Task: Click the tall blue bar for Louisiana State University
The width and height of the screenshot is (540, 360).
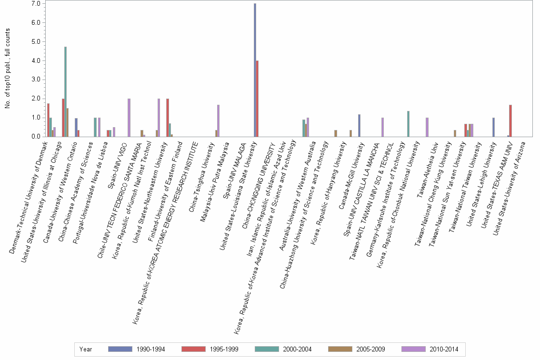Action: click(x=255, y=70)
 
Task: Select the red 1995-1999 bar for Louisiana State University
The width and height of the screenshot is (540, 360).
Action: click(x=257, y=99)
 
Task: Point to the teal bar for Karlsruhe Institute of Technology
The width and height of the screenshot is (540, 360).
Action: click(x=408, y=124)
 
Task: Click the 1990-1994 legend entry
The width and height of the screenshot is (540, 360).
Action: click(x=136, y=349)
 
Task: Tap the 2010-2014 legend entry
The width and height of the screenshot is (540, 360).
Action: click(x=430, y=349)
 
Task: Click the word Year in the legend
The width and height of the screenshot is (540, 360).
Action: click(x=86, y=349)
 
